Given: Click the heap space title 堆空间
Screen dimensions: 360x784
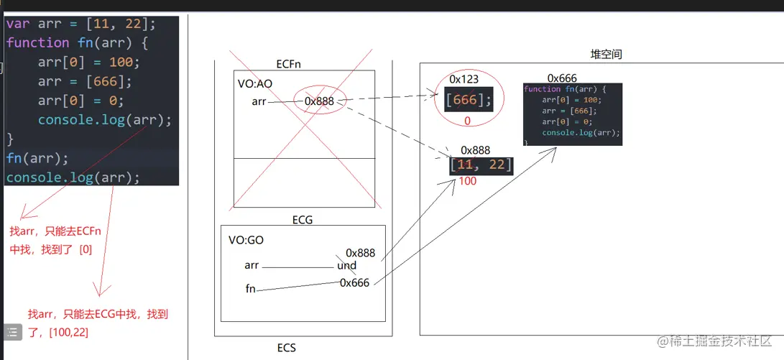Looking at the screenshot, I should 606,55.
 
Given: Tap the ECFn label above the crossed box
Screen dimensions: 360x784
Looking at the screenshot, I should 288,64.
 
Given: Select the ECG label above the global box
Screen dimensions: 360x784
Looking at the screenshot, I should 303,219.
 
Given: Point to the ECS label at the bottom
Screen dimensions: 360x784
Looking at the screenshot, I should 287,348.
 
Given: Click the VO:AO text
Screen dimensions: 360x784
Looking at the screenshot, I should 255,84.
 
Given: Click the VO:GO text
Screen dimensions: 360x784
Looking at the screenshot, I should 246,240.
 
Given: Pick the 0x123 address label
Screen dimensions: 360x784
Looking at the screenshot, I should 464,78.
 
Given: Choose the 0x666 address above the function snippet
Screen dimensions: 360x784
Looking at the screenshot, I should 562,78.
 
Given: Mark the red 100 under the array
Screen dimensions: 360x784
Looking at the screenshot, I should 467,181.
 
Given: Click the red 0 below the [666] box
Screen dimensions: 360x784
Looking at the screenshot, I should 467,121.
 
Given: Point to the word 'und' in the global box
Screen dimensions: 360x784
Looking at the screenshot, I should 346,266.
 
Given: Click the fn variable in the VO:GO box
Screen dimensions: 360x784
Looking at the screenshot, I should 251,289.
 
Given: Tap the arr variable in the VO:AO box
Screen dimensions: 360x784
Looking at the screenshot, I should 259,101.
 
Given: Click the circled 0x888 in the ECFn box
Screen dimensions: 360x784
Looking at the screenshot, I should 320,101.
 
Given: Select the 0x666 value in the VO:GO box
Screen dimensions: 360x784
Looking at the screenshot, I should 354,282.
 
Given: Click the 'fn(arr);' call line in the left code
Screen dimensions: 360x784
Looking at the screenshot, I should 37,157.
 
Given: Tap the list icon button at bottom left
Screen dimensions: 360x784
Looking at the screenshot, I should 13,332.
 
